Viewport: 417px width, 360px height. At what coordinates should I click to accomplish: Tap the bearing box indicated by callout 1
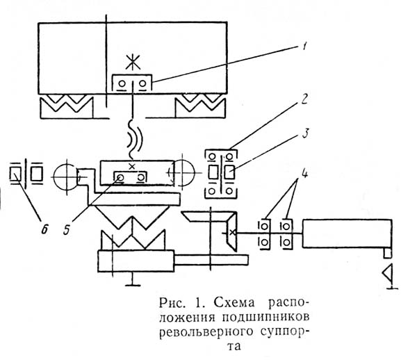tap(132, 84)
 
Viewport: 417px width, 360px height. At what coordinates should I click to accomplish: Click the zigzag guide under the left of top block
tap(66, 106)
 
